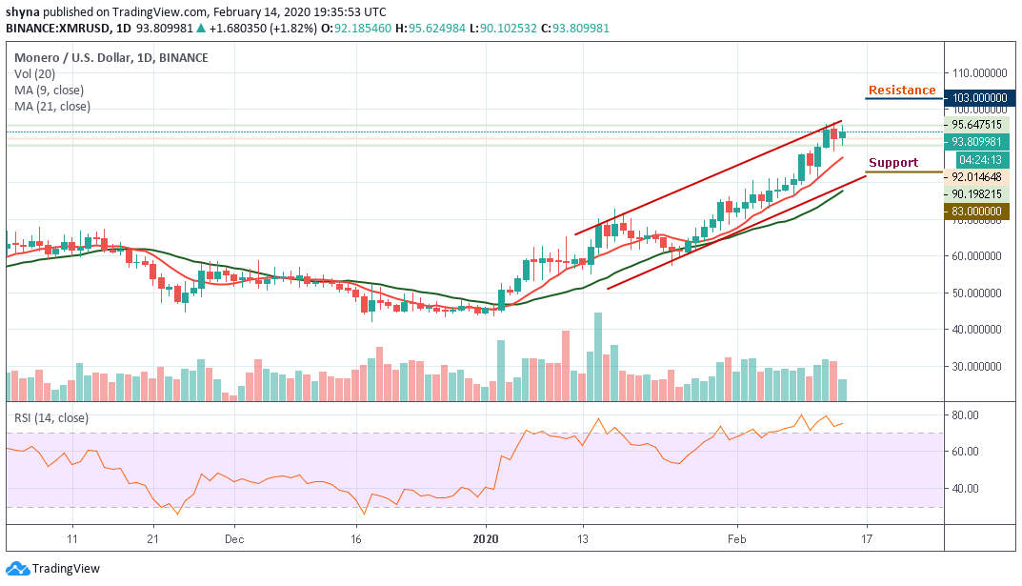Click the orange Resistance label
point(901,91)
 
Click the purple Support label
point(892,163)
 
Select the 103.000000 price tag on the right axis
point(978,97)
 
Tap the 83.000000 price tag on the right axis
point(978,212)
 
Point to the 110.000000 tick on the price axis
point(981,73)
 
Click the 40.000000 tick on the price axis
point(981,330)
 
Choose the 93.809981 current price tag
point(978,142)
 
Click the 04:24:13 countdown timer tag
point(978,160)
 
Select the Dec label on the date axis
point(235,537)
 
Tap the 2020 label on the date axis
point(486,537)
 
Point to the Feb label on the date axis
point(736,537)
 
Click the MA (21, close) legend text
point(52,107)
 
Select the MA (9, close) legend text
point(50,91)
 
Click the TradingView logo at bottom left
point(53,569)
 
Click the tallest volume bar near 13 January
point(598,357)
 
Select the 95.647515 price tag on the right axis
point(978,124)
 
